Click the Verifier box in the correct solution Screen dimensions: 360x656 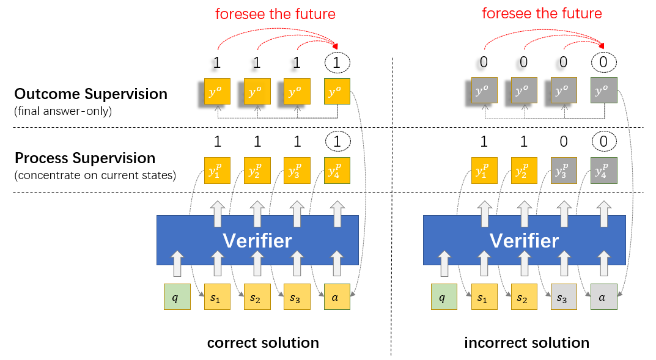pos(257,240)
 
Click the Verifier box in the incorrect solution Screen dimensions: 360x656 pos(524,240)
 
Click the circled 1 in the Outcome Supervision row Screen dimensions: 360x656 pos(337,62)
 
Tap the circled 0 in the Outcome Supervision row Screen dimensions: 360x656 pos(604,62)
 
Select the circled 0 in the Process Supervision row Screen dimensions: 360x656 pos(604,142)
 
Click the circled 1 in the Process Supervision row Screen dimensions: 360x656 pos(337,142)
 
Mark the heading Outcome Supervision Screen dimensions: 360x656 pos(90,94)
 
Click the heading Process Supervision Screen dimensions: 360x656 pos(85,158)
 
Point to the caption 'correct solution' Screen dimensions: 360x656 pos(263,342)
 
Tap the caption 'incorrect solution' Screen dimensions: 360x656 pos(526,342)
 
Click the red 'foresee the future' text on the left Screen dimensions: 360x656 pos(275,13)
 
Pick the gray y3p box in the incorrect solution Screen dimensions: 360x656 pos(564,171)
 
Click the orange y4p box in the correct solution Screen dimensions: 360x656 pos(337,171)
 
